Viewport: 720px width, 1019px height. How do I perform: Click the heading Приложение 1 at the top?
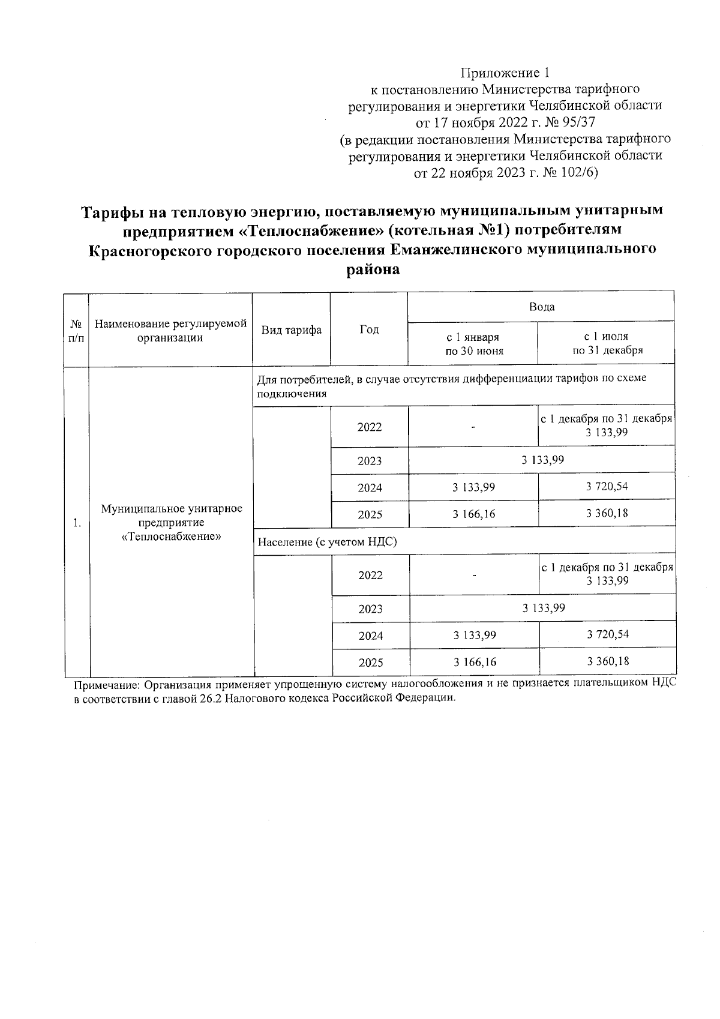click(505, 73)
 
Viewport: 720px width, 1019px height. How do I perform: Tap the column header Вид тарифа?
click(291, 329)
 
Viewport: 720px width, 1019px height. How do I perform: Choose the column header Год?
click(369, 329)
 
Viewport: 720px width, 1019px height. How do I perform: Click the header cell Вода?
click(541, 307)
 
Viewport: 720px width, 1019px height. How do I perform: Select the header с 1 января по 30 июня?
click(473, 344)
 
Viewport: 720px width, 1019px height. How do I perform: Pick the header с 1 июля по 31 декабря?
click(607, 344)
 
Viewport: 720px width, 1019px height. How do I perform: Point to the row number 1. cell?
click(77, 523)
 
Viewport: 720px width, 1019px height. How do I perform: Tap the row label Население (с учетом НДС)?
click(328, 543)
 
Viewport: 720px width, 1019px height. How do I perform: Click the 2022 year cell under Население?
click(370, 576)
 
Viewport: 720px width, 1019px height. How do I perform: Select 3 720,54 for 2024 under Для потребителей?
click(607, 486)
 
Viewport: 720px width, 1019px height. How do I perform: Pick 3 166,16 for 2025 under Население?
click(475, 663)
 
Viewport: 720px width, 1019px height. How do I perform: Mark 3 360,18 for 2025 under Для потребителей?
click(607, 513)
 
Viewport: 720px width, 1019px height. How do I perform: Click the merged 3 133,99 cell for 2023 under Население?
click(543, 608)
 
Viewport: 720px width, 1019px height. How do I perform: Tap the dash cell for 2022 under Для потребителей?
click(473, 427)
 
